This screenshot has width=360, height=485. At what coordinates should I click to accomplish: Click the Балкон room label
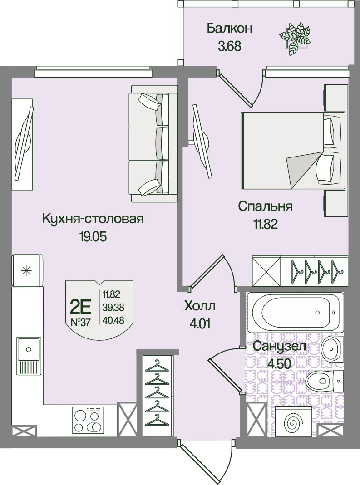(x=229, y=29)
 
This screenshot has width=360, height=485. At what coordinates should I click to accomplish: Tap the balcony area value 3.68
(x=229, y=46)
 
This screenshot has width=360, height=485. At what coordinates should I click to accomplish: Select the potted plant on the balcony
(x=294, y=39)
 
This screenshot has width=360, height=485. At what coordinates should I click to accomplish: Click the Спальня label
(x=265, y=206)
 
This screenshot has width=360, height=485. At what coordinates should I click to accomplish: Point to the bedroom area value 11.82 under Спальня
(x=266, y=224)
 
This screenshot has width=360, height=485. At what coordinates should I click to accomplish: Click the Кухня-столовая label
(x=93, y=219)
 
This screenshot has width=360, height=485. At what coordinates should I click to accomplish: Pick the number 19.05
(x=93, y=237)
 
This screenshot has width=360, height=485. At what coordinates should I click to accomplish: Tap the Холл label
(x=200, y=306)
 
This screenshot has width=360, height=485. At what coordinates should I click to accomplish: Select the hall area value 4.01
(x=200, y=324)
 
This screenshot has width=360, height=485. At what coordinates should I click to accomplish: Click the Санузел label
(x=279, y=346)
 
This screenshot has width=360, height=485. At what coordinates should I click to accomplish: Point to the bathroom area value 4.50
(x=279, y=364)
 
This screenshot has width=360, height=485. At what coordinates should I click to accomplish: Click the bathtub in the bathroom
(x=298, y=312)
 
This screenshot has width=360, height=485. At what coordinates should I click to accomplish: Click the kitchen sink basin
(x=29, y=349)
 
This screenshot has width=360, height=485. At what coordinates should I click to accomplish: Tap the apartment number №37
(x=80, y=323)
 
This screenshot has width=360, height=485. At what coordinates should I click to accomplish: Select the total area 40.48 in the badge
(x=113, y=320)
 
